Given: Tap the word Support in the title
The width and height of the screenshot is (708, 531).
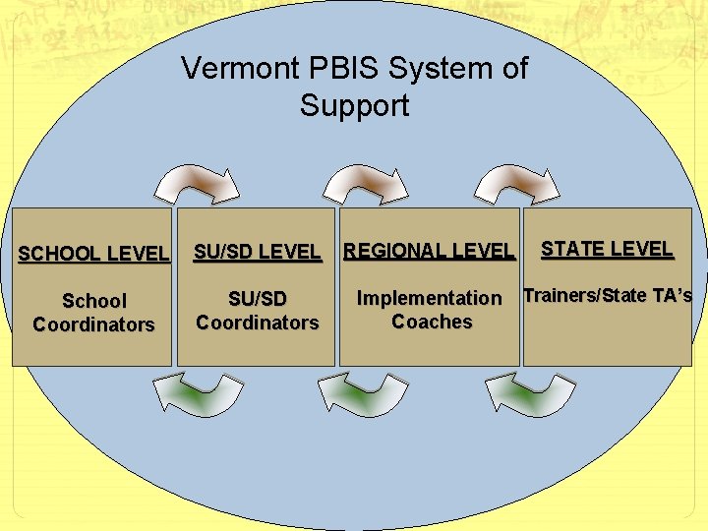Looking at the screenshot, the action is click(x=354, y=105).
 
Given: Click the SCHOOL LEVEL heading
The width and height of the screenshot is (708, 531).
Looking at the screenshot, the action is click(x=93, y=254).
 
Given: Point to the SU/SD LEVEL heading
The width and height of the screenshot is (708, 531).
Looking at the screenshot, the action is click(x=257, y=252).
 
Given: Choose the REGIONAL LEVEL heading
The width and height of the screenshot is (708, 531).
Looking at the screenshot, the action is click(x=429, y=252).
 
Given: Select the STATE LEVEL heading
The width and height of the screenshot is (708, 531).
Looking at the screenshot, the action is click(x=607, y=249).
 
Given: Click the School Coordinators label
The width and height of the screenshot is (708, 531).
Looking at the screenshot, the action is click(x=93, y=313).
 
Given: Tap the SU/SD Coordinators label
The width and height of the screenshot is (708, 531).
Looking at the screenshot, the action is click(x=258, y=310).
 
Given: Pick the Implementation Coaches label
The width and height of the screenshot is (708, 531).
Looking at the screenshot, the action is click(x=430, y=309).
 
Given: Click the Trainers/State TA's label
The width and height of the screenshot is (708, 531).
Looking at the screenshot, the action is click(x=608, y=295).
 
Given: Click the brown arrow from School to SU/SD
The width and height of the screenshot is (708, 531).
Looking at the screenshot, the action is click(x=199, y=184).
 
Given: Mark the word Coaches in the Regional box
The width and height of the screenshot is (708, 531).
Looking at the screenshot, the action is click(x=432, y=322).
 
